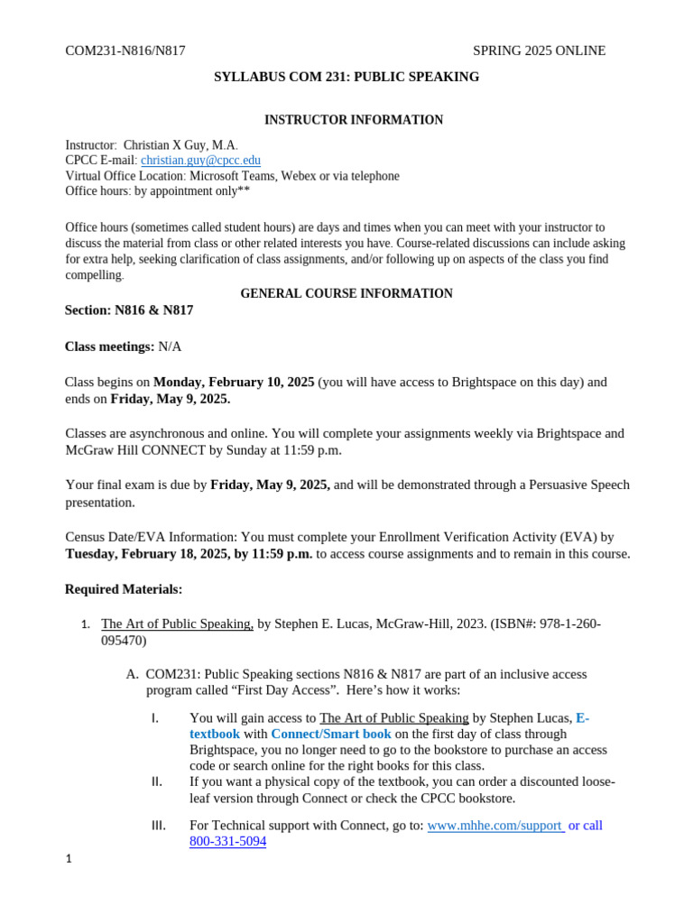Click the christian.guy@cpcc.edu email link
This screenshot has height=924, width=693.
pos(200,161)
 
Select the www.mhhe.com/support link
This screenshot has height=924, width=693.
pos(494,825)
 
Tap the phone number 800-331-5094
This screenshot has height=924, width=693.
pos(227,842)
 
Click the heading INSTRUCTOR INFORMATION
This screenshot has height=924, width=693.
pos(353,120)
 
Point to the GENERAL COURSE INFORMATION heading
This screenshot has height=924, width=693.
pos(346,293)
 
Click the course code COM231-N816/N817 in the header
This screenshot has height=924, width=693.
pos(125,51)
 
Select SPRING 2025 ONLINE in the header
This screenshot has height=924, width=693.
pos(539,51)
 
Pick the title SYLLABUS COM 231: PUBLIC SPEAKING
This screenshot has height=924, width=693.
pos(346,77)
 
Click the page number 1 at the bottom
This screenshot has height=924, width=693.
pos(69,859)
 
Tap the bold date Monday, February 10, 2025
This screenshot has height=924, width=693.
pos(234,382)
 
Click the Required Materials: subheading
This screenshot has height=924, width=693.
pos(124,589)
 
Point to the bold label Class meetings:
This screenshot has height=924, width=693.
pos(110,346)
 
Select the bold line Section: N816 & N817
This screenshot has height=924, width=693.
pos(129,310)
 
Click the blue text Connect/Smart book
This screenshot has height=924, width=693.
pos(331,734)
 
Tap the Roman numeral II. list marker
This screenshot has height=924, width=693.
pos(155,781)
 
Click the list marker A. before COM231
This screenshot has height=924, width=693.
pos(133,674)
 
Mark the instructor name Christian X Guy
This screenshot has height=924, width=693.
pos(167,145)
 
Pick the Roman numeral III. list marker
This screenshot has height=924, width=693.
pos(156,825)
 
